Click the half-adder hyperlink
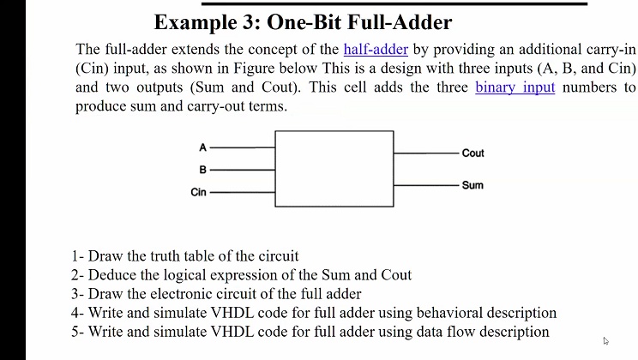[x=376, y=49]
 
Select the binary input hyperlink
[x=515, y=87]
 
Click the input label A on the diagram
[x=202, y=147]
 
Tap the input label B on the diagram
[x=202, y=170]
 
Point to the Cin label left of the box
[x=199, y=192]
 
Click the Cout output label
[x=472, y=153]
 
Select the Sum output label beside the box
[x=472, y=185]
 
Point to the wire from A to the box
[x=243, y=147]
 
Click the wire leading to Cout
[x=426, y=153]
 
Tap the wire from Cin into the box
[x=243, y=192]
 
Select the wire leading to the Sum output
[x=426, y=185]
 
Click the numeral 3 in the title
[x=248, y=22]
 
